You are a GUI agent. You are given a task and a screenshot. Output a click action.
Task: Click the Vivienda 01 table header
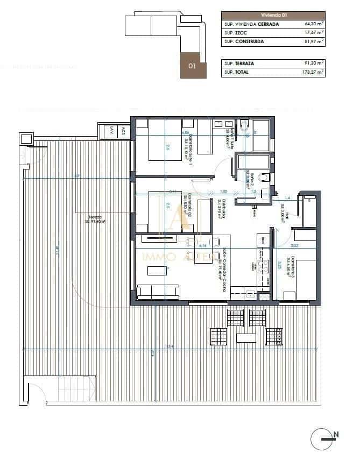(273, 16)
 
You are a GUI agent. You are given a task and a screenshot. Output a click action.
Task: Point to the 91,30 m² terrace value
(314, 63)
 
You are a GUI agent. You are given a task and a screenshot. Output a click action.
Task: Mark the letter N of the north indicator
(336, 434)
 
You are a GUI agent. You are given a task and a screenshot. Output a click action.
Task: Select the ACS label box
(123, 130)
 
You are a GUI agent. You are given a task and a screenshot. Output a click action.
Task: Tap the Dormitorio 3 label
(291, 266)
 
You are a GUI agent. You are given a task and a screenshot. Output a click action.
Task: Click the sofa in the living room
(159, 293)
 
